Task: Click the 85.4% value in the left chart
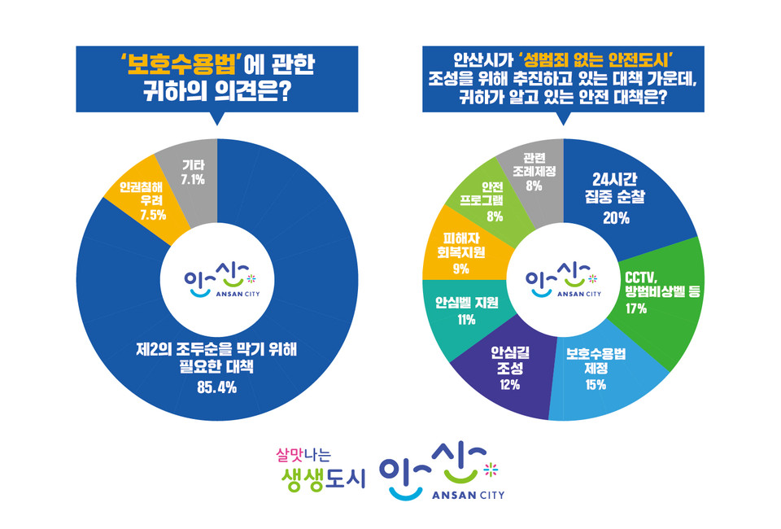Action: [x=216, y=387]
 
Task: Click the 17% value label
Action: [x=635, y=308]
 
